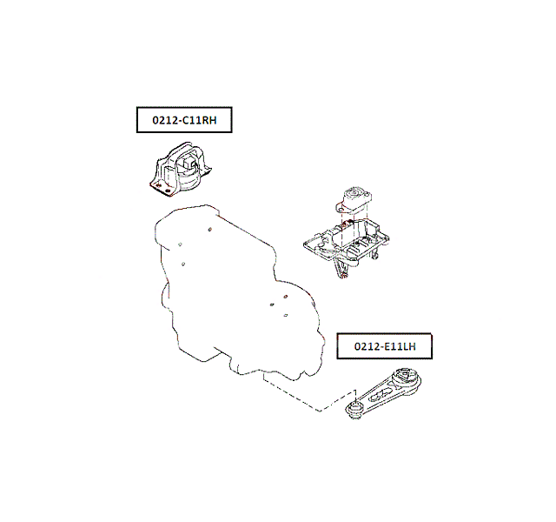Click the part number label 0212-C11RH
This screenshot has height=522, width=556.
[184, 120]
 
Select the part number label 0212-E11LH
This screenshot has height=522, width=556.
[385, 346]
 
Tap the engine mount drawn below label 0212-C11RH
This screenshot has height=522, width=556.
[181, 170]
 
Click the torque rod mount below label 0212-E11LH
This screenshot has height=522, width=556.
[383, 393]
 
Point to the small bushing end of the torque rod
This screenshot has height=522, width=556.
[354, 409]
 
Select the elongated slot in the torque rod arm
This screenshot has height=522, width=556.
[381, 394]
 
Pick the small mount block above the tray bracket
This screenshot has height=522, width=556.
[354, 201]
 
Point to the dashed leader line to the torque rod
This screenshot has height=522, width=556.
[308, 398]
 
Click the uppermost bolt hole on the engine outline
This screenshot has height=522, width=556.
[210, 229]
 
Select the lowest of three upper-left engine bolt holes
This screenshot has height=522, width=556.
[183, 264]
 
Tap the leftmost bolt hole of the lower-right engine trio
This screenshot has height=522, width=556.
[272, 304]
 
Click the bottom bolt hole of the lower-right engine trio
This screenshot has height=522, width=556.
[286, 315]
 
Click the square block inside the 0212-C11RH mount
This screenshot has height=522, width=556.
[188, 164]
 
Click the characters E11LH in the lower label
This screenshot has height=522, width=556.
[400, 346]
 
